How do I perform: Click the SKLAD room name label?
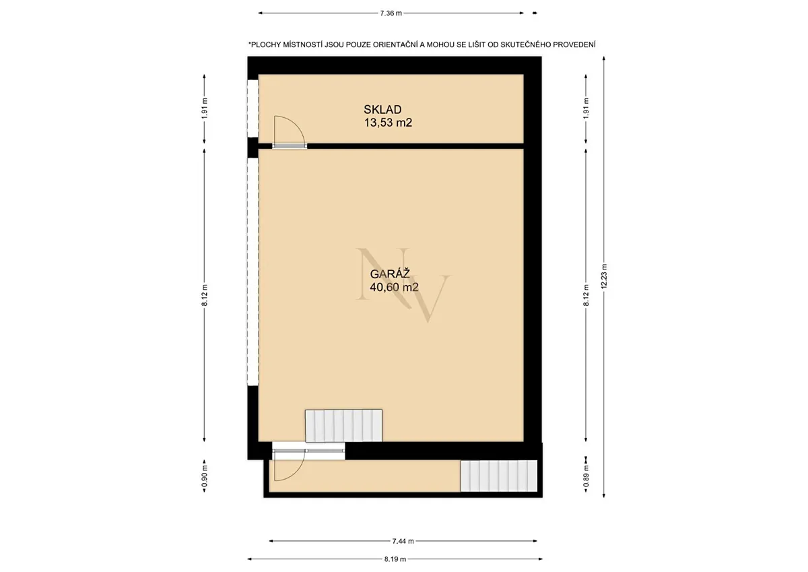(x=382, y=109)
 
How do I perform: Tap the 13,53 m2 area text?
(x=388, y=123)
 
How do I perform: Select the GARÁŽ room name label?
(x=390, y=274)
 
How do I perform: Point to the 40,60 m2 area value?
(x=395, y=287)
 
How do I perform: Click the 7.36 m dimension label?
(x=391, y=13)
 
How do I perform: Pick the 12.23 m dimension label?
(x=604, y=276)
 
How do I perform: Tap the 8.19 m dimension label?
(x=395, y=559)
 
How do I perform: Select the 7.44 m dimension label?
(x=403, y=541)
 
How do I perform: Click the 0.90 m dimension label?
(x=205, y=476)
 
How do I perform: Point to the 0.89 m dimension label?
(x=586, y=476)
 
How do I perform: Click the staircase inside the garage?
(x=344, y=426)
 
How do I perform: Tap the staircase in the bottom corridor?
(x=499, y=476)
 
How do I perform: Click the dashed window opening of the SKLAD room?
(x=252, y=108)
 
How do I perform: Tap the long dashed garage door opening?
(x=252, y=272)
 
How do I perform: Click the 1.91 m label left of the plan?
(x=205, y=108)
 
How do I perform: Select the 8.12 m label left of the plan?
(x=205, y=295)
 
